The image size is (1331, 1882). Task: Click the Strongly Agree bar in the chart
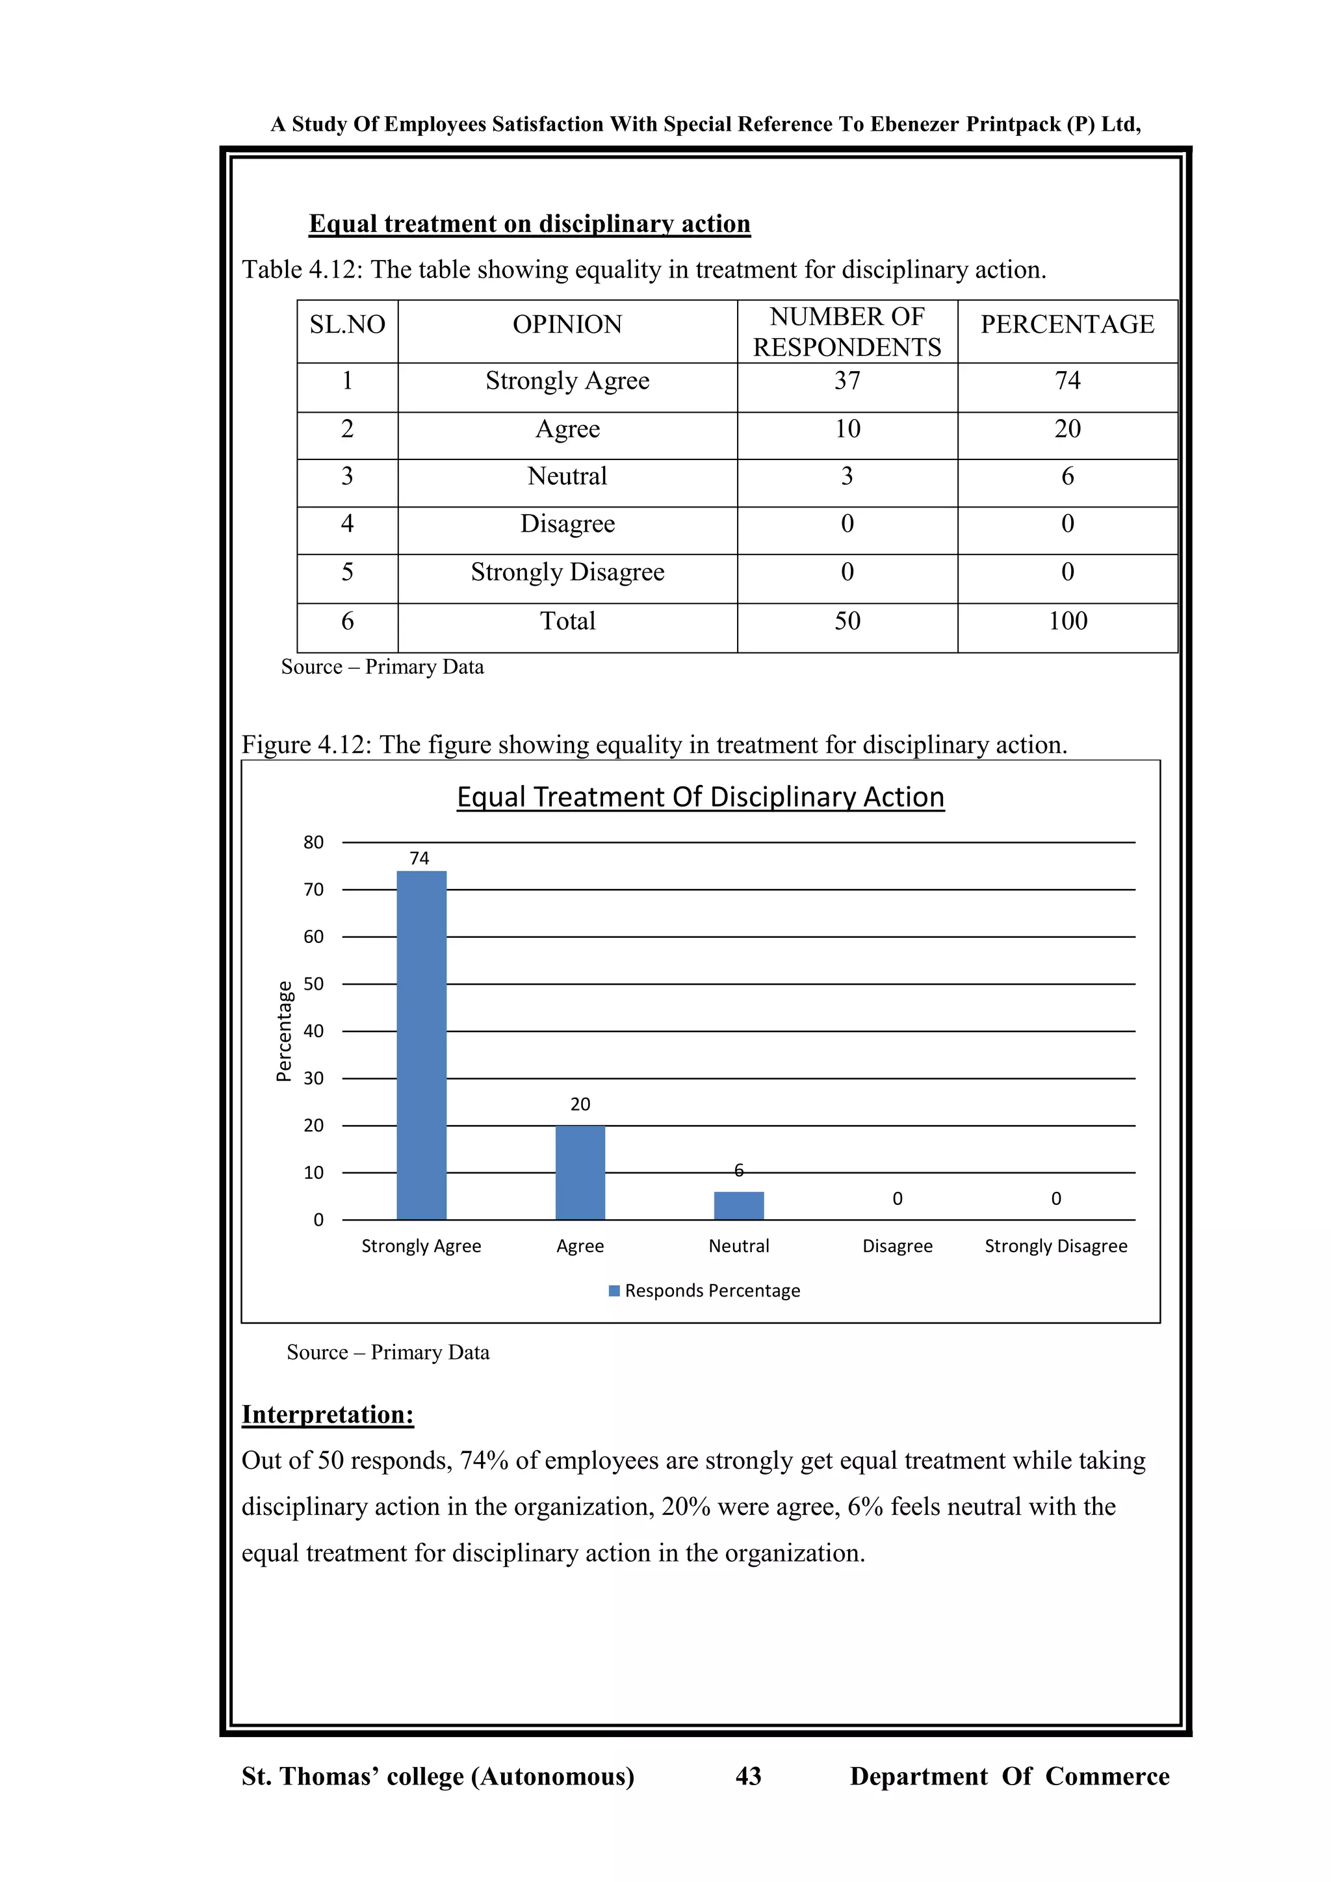(x=421, y=1045)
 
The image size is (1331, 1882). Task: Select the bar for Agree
(x=580, y=1173)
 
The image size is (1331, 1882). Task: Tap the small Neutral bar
(x=738, y=1205)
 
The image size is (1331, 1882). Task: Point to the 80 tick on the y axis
(x=313, y=843)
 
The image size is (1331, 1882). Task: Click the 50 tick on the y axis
(x=313, y=984)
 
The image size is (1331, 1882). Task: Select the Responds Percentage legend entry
(x=705, y=1291)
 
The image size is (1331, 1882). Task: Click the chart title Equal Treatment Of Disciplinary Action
(x=700, y=797)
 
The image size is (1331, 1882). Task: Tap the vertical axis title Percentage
(x=283, y=1031)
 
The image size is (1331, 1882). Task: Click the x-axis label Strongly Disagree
(x=1055, y=1246)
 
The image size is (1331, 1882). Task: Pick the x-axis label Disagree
(x=898, y=1246)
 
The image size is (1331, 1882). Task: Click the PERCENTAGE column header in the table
(x=1067, y=324)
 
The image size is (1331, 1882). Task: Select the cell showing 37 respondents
(x=847, y=381)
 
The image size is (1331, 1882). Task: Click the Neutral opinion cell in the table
(x=567, y=476)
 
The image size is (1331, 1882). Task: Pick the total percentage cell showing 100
(x=1067, y=621)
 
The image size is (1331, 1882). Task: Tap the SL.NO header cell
(x=348, y=324)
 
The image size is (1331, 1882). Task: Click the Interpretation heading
(x=327, y=1415)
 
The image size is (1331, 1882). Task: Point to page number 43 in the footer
(x=748, y=1776)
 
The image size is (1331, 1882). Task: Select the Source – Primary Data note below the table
(x=382, y=667)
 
